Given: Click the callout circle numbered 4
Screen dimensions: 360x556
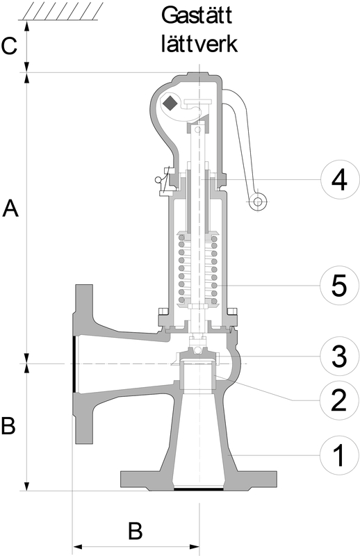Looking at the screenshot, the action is tap(338, 180).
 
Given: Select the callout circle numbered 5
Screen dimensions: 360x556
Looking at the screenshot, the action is tap(338, 286).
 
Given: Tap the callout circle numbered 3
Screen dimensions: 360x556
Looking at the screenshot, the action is tap(338, 357).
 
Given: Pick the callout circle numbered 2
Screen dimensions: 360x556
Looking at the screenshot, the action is tap(338, 400).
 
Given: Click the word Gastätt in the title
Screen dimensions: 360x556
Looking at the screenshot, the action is tap(197, 16).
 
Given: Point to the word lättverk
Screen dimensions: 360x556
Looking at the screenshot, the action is tap(199, 44).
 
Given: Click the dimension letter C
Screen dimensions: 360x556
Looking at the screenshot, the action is tap(9, 46).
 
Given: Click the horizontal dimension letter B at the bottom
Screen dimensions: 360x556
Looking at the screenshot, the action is tap(135, 531).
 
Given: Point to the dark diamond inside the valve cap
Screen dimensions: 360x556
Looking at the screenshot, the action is tap(170, 103).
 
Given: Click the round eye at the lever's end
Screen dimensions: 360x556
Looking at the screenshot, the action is tap(258, 202).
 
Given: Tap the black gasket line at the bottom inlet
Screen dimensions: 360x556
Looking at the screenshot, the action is tap(199, 489).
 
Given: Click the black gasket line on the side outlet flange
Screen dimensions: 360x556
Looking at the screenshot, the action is tap(74, 364).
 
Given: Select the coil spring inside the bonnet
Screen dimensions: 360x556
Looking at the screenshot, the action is tap(198, 269).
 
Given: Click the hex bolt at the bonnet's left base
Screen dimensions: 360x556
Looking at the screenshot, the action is tap(163, 311).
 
